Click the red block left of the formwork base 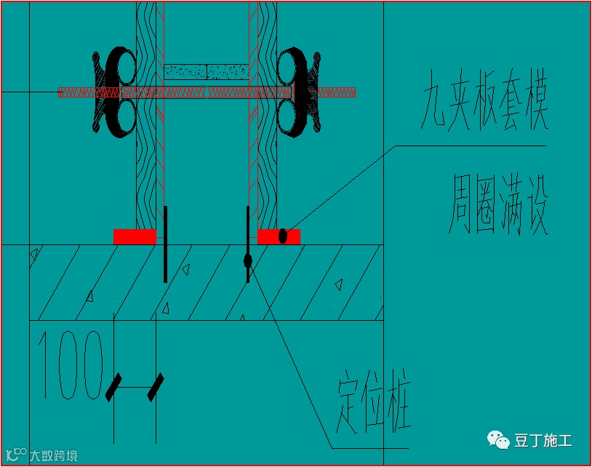pyautogui.click(x=135, y=236)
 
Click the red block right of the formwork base pyautogui.click(x=279, y=236)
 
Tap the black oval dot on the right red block pyautogui.click(x=283, y=236)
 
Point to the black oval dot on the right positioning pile pyautogui.click(x=248, y=260)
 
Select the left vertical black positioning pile pyautogui.click(x=166, y=244)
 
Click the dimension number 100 pyautogui.click(x=72, y=367)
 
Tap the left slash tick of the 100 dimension pyautogui.click(x=114, y=388)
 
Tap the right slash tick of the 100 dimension pyautogui.click(x=156, y=388)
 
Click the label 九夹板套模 pyautogui.click(x=483, y=108)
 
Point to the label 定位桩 pyautogui.click(x=374, y=404)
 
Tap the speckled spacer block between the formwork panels pyautogui.click(x=207, y=71)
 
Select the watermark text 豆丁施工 pyautogui.click(x=543, y=440)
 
